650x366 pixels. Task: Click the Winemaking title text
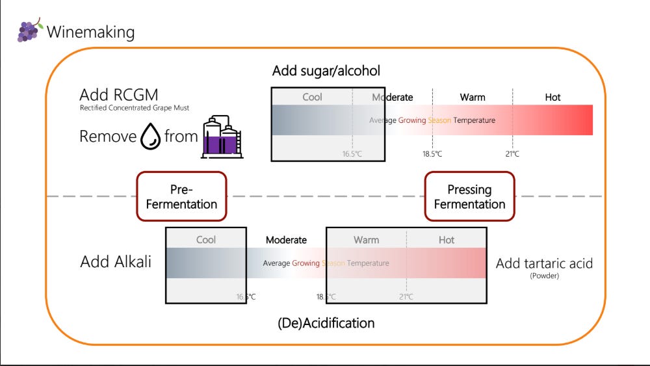tap(90, 31)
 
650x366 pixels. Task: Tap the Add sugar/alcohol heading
tap(326, 71)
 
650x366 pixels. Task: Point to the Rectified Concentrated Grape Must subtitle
tap(135, 108)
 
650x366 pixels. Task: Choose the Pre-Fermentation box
tap(181, 196)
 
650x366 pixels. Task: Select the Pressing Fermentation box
tap(469, 196)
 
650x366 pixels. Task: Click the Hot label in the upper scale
tap(552, 98)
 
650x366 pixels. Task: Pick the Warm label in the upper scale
tap(473, 98)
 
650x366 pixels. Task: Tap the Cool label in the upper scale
tap(312, 98)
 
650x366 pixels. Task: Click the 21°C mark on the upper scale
tap(512, 154)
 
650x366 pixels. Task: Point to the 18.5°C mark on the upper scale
tap(432, 154)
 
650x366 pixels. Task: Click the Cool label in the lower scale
tap(206, 240)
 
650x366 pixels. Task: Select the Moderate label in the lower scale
tap(286, 240)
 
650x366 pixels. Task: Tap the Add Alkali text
tap(116, 262)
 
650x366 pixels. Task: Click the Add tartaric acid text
tap(544, 263)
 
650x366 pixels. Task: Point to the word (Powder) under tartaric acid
tap(544, 276)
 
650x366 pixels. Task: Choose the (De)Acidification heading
tap(326, 322)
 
